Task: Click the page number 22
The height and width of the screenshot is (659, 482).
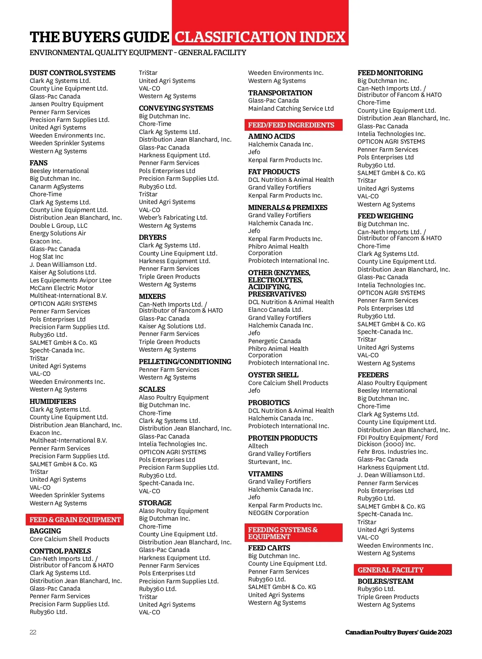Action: [x=33, y=632]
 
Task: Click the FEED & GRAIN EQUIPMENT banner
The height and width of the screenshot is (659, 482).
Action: [x=75, y=520]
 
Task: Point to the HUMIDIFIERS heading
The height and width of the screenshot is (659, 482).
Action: [x=53, y=402]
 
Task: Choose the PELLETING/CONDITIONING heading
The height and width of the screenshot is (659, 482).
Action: [x=185, y=362]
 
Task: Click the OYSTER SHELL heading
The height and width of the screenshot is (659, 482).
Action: [x=273, y=375]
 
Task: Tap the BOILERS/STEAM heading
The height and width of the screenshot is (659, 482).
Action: [x=385, y=581]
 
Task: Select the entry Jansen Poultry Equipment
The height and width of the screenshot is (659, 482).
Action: [x=66, y=104]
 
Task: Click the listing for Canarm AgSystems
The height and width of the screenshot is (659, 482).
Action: [x=57, y=187]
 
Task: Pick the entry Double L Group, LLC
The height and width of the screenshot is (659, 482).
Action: [x=58, y=226]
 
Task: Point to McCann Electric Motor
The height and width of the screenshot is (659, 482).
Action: [x=61, y=288]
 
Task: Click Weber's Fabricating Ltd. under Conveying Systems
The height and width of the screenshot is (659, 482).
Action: [x=173, y=218]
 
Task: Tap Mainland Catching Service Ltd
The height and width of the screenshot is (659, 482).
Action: [x=291, y=109]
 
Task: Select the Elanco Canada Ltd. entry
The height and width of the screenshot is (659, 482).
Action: [x=275, y=310]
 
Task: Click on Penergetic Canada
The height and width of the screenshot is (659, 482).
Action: [x=274, y=341]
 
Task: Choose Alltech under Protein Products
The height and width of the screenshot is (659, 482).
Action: [x=258, y=446]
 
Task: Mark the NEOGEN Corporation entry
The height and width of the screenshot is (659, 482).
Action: [x=278, y=513]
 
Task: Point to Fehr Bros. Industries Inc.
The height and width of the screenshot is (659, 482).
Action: [x=392, y=452]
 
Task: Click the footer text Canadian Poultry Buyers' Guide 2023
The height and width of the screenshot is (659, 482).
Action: [x=398, y=632]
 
